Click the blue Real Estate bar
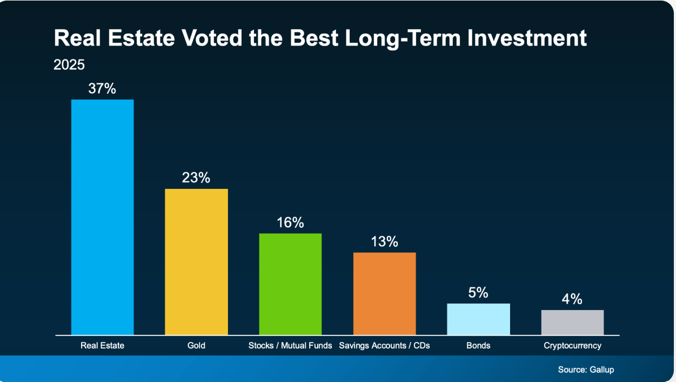tap(102, 217)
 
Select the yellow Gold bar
tap(196, 262)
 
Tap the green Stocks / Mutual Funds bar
tap(290, 284)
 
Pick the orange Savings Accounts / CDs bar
tap(384, 294)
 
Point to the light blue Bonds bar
tap(478, 319)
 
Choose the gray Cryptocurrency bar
tap(572, 322)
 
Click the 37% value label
tap(102, 89)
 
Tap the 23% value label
tap(196, 177)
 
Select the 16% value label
tap(290, 222)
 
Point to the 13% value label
tap(384, 241)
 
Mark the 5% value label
tap(478, 293)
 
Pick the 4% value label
tap(572, 299)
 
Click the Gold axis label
tap(196, 345)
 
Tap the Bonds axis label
tap(478, 345)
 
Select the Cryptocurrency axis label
tap(572, 345)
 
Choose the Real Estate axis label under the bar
tap(102, 345)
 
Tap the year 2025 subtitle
tap(69, 65)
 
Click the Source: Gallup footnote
tap(586, 370)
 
